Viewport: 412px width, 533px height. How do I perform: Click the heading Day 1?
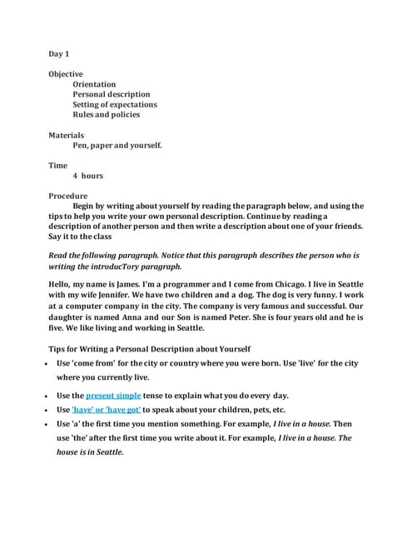(57, 53)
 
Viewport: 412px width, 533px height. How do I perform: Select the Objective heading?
(66, 74)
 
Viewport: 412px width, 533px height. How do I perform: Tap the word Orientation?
(94, 84)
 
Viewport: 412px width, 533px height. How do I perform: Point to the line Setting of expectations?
(114, 104)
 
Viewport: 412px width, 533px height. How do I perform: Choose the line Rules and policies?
(106, 114)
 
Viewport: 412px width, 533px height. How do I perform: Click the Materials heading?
(67, 135)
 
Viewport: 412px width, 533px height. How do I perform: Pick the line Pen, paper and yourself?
(117, 145)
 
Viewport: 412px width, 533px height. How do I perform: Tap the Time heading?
(57, 166)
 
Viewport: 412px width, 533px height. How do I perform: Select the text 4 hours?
(87, 176)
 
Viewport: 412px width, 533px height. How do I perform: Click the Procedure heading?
(69, 196)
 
